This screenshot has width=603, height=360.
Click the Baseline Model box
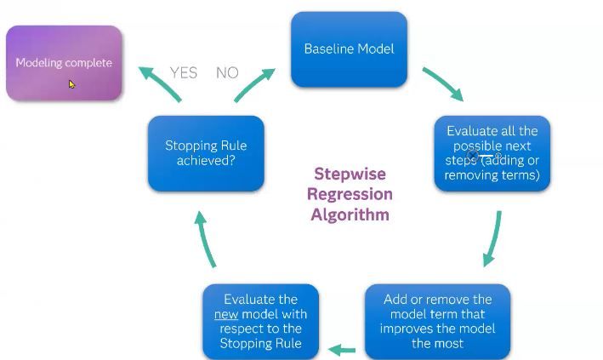click(x=349, y=49)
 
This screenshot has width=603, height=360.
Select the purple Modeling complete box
click(x=64, y=63)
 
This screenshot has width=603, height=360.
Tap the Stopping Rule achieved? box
click(x=205, y=153)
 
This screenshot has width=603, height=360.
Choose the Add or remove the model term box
click(x=437, y=322)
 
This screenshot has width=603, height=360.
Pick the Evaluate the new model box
click(x=260, y=322)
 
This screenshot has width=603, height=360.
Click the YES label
click(x=184, y=73)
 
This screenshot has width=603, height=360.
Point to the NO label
click(x=227, y=73)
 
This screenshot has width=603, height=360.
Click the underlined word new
click(x=225, y=314)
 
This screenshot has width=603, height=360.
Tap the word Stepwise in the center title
click(x=350, y=174)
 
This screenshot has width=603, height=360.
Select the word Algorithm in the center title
click(x=350, y=214)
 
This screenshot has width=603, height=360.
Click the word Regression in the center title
click(x=350, y=194)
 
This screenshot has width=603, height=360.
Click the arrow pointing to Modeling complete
click(x=159, y=83)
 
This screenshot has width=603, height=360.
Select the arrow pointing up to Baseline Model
click(x=255, y=83)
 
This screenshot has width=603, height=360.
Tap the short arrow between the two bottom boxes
click(x=342, y=349)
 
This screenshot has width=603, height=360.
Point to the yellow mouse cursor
click(x=72, y=84)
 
